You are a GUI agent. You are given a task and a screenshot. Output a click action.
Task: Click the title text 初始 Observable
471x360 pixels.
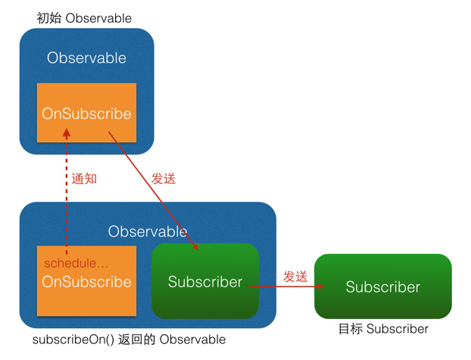(84, 17)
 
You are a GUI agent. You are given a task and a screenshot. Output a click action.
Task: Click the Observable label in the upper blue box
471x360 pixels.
(86, 58)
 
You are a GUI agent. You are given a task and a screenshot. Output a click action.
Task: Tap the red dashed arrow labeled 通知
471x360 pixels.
(67, 197)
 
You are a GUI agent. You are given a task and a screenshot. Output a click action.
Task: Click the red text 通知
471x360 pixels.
(85, 180)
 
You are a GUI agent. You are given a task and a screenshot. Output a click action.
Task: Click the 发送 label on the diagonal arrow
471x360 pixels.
(163, 179)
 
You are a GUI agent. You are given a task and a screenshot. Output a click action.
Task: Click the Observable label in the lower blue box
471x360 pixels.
(147, 231)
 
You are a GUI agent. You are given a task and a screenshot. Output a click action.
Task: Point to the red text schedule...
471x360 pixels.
(76, 263)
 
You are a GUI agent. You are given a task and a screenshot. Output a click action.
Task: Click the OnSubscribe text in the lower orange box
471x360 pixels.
(86, 282)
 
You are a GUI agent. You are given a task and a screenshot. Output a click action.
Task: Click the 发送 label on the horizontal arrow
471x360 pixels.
(295, 277)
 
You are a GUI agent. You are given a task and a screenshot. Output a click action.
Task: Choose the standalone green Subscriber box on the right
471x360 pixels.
(382, 287)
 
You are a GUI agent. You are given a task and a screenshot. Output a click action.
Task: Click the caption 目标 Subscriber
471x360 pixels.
(383, 329)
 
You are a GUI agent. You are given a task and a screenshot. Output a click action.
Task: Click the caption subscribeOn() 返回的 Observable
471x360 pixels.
(129, 340)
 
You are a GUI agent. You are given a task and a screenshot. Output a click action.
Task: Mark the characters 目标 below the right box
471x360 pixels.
(351, 329)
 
